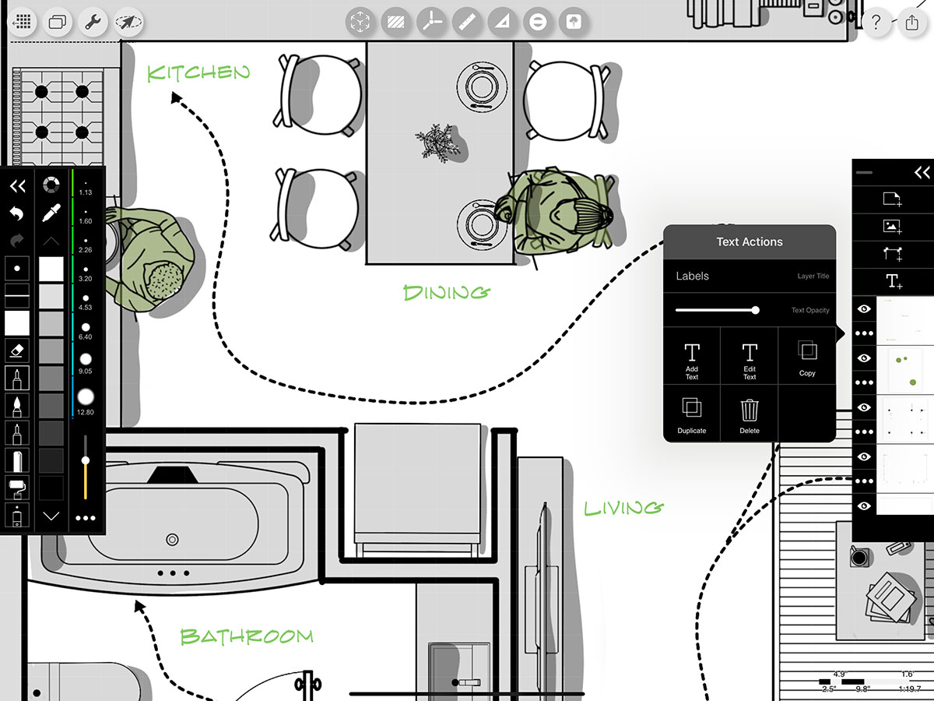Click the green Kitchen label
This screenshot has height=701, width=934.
click(x=198, y=73)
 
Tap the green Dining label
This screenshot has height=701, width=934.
click(x=447, y=293)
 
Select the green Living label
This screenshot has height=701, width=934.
click(x=623, y=508)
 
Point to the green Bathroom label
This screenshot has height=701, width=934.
click(x=246, y=636)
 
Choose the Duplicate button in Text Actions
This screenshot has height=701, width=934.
click(x=691, y=414)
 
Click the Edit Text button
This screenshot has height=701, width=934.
click(x=749, y=361)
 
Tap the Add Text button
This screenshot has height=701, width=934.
click(x=691, y=361)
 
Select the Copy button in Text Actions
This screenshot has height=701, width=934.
click(x=807, y=359)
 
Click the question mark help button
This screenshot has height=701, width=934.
click(x=876, y=22)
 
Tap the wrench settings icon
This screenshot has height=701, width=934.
click(x=93, y=22)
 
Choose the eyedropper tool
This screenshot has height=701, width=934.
click(x=51, y=213)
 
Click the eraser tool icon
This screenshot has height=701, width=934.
click(x=17, y=351)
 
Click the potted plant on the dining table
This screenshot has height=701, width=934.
click(x=437, y=143)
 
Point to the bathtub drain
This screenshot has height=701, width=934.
click(x=172, y=539)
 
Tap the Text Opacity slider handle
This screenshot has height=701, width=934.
click(x=755, y=310)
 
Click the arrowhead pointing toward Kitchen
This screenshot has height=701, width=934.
click(x=176, y=97)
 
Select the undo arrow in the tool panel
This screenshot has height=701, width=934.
click(x=17, y=213)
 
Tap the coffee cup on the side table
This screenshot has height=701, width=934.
click(x=859, y=557)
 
